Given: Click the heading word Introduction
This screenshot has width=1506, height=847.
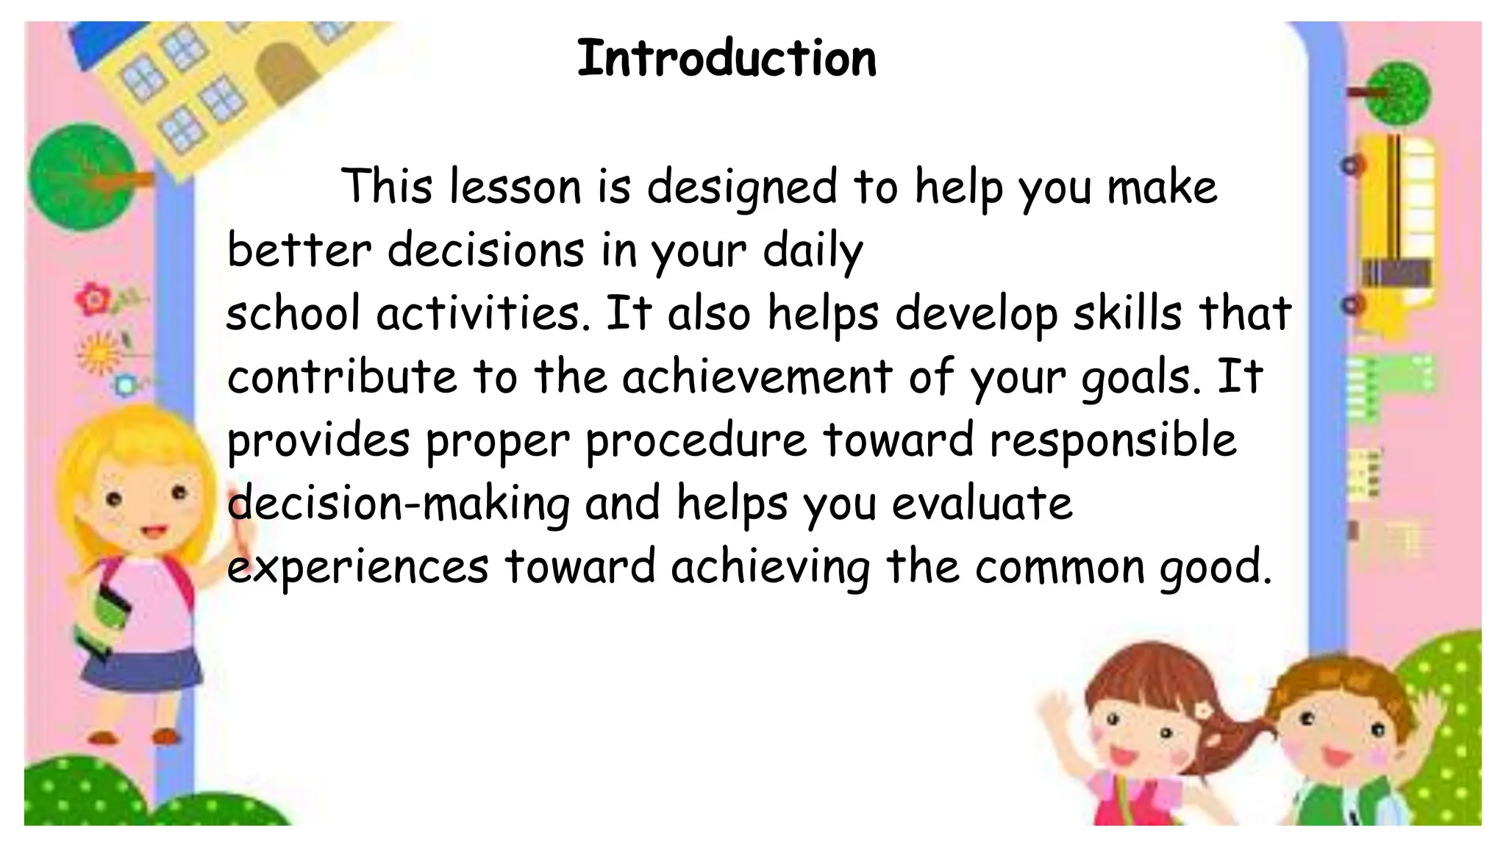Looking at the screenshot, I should coord(727,59).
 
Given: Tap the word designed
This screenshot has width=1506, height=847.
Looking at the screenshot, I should coord(742,188).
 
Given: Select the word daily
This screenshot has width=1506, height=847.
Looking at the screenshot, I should coord(813,251).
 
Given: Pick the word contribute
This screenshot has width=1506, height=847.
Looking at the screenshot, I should coord(342,376).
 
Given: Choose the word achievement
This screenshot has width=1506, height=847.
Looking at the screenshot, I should coord(757,376).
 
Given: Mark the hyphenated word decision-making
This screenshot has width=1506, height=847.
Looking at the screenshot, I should coord(398,504).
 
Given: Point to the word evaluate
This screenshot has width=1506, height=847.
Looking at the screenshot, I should coord(982,504).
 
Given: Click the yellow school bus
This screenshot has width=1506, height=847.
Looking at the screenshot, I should coord(1393,228).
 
